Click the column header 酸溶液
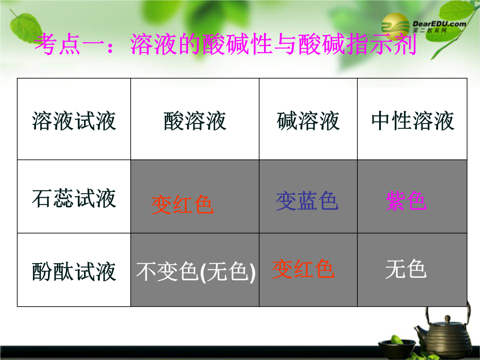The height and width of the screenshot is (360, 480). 195,121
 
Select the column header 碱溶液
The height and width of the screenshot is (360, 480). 308,121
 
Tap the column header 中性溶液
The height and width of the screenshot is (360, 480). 412,121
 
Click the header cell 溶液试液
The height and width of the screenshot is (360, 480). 74,121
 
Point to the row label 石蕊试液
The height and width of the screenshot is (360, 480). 74,198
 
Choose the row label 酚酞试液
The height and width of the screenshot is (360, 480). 74,272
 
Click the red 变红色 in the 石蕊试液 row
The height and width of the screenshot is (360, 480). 182,204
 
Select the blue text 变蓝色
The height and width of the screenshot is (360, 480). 307,201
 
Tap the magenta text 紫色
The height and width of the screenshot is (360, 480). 406,201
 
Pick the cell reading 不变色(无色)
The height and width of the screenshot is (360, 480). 196,272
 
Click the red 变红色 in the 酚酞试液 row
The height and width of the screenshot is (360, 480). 303,269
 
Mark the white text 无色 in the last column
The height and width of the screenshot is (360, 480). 406,269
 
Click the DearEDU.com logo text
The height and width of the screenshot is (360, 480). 439,24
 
